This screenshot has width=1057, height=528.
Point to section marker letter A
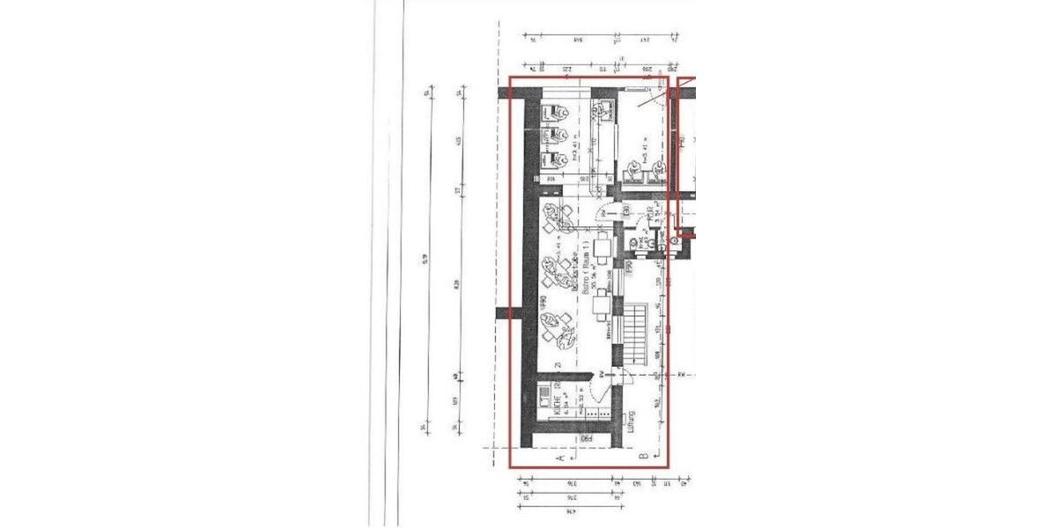pyautogui.click(x=560, y=458)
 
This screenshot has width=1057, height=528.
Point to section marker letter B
pyautogui.click(x=643, y=455)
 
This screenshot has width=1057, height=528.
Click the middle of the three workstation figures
pyautogui.click(x=555, y=136)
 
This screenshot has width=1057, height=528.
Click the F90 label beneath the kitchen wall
pyautogui.click(x=583, y=437)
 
